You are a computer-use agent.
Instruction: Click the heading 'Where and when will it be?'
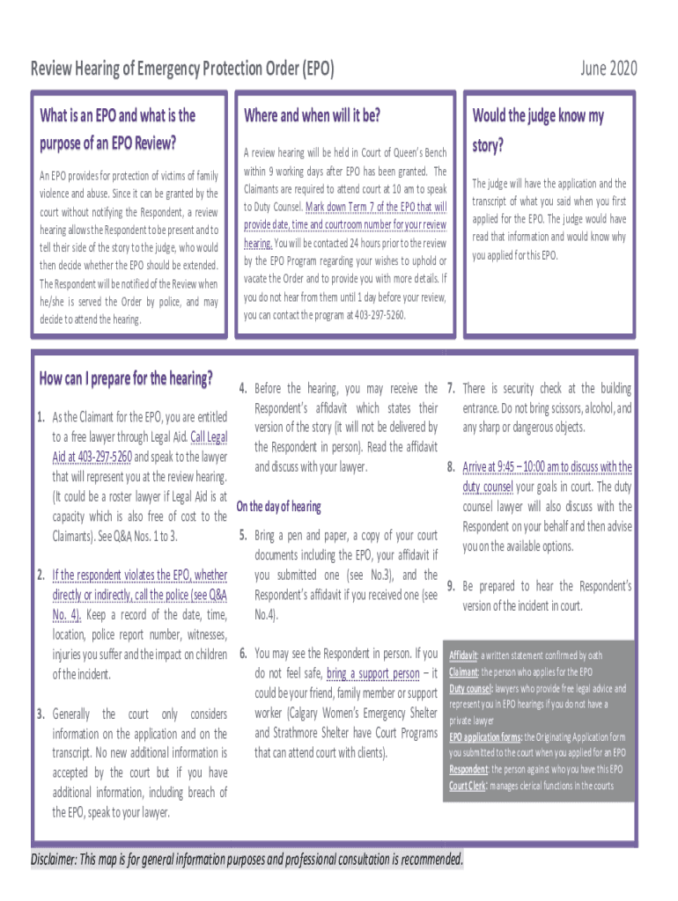(x=312, y=115)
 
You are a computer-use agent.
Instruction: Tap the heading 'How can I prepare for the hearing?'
(x=126, y=379)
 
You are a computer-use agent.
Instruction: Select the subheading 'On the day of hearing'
(x=279, y=507)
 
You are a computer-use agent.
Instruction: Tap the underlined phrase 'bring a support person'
(x=372, y=674)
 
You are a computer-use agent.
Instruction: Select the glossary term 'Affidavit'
(x=463, y=656)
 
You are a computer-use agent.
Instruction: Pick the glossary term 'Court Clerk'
(x=468, y=786)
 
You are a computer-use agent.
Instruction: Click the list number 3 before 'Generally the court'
(x=41, y=713)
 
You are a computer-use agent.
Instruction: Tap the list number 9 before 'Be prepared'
(x=450, y=586)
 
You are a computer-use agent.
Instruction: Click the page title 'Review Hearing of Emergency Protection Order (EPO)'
(x=182, y=69)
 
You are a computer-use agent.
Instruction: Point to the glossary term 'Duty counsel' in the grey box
(x=469, y=689)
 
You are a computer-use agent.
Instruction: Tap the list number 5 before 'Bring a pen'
(x=242, y=535)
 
